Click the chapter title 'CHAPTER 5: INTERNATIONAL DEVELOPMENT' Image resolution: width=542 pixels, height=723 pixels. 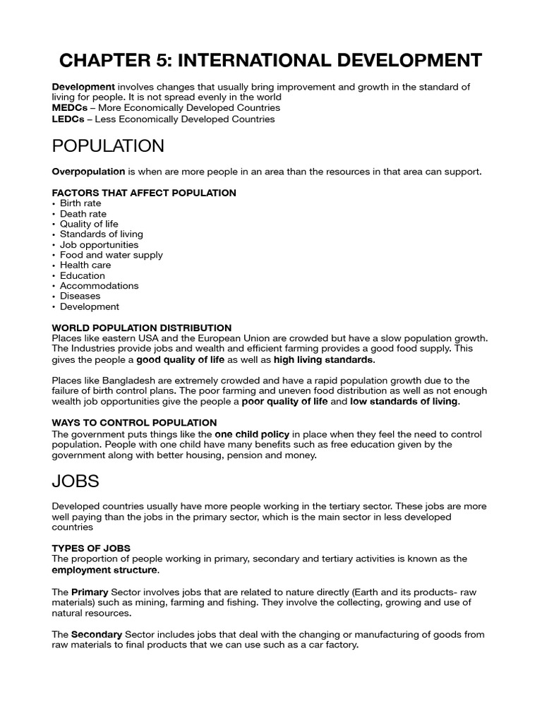[271, 60]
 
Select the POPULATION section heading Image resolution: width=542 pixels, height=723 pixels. [108, 146]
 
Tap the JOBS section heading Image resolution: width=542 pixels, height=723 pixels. [76, 482]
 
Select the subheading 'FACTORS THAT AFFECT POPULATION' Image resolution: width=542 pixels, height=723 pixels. [144, 193]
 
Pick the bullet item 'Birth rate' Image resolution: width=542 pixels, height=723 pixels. [80, 203]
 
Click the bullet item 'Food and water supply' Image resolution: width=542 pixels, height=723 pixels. [111, 255]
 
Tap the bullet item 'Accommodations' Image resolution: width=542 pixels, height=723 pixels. [99, 286]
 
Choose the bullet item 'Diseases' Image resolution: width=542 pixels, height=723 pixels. [80, 296]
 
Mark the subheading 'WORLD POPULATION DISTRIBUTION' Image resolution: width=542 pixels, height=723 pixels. [142, 328]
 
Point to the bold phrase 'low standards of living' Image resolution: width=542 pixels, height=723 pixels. [404, 402]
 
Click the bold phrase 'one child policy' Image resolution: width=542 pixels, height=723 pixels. [252, 434]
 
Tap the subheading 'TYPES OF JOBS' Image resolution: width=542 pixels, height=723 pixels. [91, 548]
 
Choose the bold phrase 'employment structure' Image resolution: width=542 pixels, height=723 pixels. [105, 570]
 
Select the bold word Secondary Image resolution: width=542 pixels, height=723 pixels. [97, 634]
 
